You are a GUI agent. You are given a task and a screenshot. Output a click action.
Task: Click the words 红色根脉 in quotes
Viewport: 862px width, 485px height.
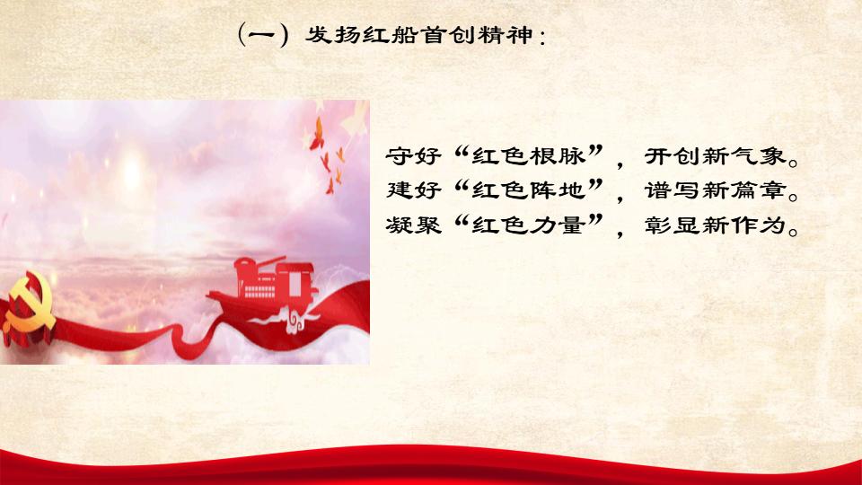pyautogui.click(x=528, y=156)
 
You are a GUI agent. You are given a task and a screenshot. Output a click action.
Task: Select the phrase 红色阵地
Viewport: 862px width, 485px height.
pyautogui.click(x=528, y=190)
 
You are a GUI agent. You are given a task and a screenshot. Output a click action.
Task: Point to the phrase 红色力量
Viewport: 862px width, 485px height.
pyautogui.click(x=528, y=225)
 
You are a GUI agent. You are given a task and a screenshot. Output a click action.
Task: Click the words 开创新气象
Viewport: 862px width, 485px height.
pyautogui.click(x=716, y=156)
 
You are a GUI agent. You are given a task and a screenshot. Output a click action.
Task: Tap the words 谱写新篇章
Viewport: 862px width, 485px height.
pyautogui.click(x=716, y=190)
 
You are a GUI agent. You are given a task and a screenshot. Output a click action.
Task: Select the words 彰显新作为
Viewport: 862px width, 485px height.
pyautogui.click(x=716, y=225)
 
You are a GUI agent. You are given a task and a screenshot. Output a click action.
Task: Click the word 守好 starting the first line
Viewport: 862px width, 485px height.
pyautogui.click(x=413, y=156)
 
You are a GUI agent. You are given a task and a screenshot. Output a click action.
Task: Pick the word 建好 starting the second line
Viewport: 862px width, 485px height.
pyautogui.click(x=413, y=190)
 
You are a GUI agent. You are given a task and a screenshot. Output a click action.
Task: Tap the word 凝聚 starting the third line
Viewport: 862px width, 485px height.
pyautogui.click(x=413, y=225)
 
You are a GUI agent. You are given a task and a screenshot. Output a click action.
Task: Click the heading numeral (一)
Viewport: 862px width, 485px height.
pyautogui.click(x=263, y=35)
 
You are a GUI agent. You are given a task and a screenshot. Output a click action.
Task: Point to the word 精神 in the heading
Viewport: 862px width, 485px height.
pyautogui.click(x=506, y=35)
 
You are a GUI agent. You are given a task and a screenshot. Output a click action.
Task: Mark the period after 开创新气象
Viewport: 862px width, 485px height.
pyautogui.click(x=793, y=163)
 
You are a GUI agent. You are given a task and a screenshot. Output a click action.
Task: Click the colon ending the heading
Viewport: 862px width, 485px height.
pyautogui.click(x=542, y=38)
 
